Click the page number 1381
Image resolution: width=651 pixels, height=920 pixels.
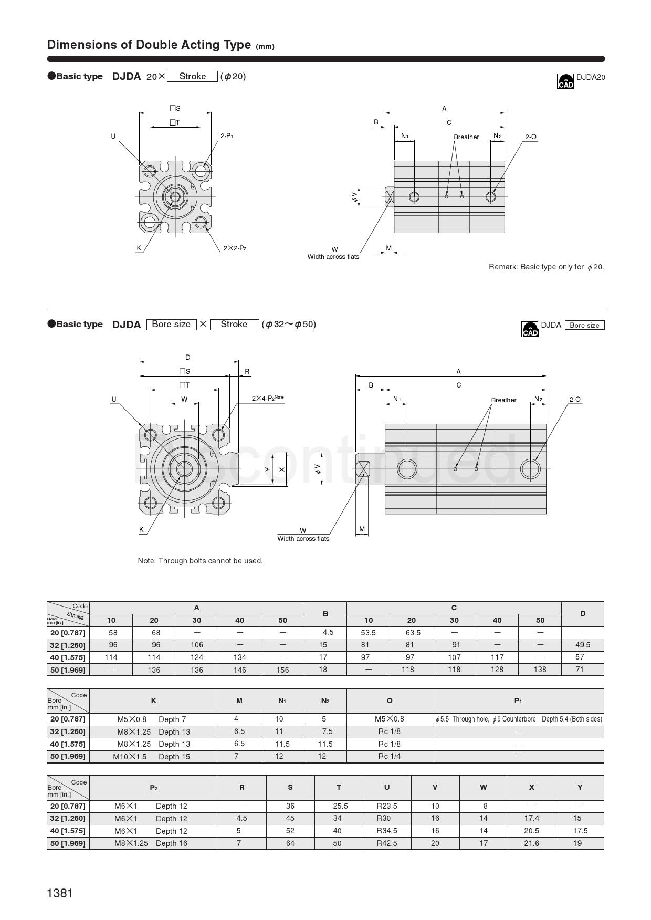(60, 893)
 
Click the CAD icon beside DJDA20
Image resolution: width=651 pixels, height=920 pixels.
(565, 81)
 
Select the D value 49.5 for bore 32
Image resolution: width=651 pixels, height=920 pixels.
(582, 645)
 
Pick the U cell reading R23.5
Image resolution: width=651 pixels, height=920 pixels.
(387, 806)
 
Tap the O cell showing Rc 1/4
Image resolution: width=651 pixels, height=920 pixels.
(389, 756)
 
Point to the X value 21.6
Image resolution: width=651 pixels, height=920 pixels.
(531, 843)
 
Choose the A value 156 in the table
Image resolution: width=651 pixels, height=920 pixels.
(282, 670)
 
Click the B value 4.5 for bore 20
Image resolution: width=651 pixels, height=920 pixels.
(328, 633)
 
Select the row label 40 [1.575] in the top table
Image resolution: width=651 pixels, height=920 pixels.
(68, 657)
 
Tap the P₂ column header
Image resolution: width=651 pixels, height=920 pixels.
(153, 788)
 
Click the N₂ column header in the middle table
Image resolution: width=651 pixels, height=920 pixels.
(325, 701)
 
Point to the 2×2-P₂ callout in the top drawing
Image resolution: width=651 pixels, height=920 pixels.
(235, 248)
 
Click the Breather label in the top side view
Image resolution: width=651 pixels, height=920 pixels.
(466, 137)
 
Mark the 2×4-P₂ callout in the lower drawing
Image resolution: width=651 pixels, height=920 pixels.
(268, 398)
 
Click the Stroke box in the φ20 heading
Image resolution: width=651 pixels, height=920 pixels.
(192, 76)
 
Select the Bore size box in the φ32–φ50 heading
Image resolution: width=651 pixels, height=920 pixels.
(171, 324)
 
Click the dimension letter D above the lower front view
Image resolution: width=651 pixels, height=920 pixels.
(187, 358)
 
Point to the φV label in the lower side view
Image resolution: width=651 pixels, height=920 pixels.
(317, 468)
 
